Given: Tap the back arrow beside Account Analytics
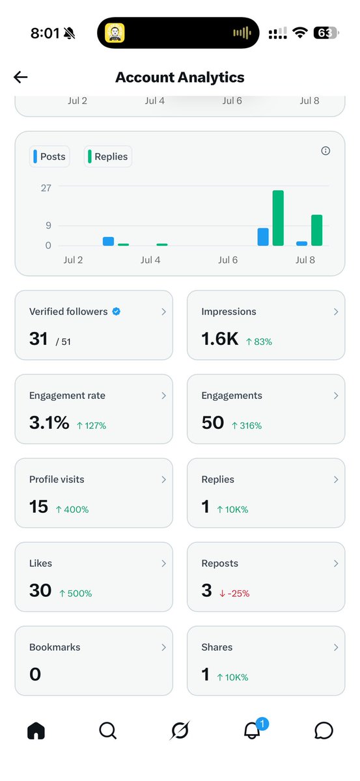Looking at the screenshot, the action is coord(21,77).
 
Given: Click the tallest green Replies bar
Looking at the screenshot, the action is coord(278,218).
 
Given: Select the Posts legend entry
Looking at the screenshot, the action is coord(49,157).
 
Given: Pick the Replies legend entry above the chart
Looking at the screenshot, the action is coord(108,157).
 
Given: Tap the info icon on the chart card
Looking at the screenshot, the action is coord(325,150).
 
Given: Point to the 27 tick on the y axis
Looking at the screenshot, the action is coord(46,188).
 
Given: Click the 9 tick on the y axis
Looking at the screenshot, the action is coord(48,226).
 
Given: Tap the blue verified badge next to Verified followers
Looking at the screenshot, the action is coord(117,311).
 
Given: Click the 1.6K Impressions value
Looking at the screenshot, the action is coord(220,339).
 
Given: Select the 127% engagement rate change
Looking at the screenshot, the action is coord(91,426).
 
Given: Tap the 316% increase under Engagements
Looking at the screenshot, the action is coord(247,426).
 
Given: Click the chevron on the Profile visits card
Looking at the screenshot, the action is coord(163,480).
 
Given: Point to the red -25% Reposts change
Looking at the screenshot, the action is coord(234,594).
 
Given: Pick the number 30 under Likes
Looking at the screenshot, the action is coord(40,590).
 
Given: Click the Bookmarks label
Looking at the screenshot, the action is coord(55,647).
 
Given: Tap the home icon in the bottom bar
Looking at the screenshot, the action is coord(36,730).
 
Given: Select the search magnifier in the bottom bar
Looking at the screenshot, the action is coord(108,730).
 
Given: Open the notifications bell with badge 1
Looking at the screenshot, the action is coord(253,730).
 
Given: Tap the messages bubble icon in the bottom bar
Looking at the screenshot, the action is coord(324,730).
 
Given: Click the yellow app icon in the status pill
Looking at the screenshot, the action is coord(115,33).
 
